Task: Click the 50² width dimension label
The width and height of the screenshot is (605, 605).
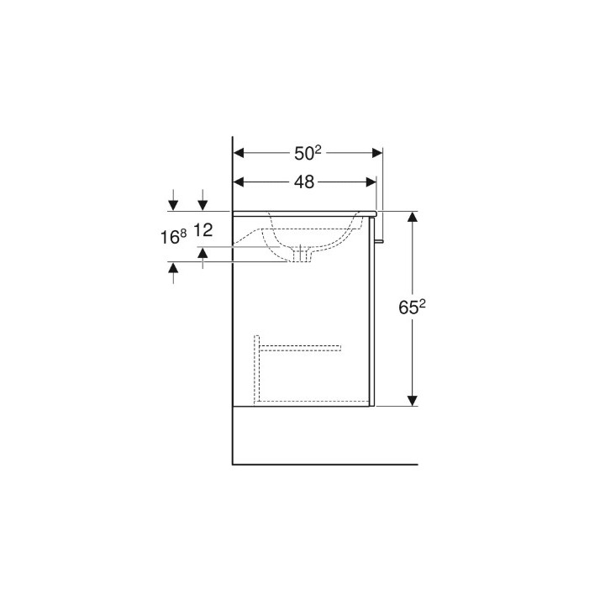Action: coord(307,153)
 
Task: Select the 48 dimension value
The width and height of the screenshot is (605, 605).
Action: coord(304,181)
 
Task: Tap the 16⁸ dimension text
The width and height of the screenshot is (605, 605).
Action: coord(174,237)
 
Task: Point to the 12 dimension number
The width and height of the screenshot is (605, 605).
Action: coord(204,229)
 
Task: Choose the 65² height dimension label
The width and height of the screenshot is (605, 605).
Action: coord(412,308)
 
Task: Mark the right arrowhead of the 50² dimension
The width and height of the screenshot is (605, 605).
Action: coord(377,153)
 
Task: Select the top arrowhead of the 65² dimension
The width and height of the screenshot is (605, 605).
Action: coord(413,217)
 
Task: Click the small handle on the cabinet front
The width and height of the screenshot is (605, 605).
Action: coord(380,241)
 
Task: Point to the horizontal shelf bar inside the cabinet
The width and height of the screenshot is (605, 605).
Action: coord(299,346)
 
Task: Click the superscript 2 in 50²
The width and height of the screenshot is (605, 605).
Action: coord(318,149)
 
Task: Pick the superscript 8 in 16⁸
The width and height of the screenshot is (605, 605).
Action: coord(184,233)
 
